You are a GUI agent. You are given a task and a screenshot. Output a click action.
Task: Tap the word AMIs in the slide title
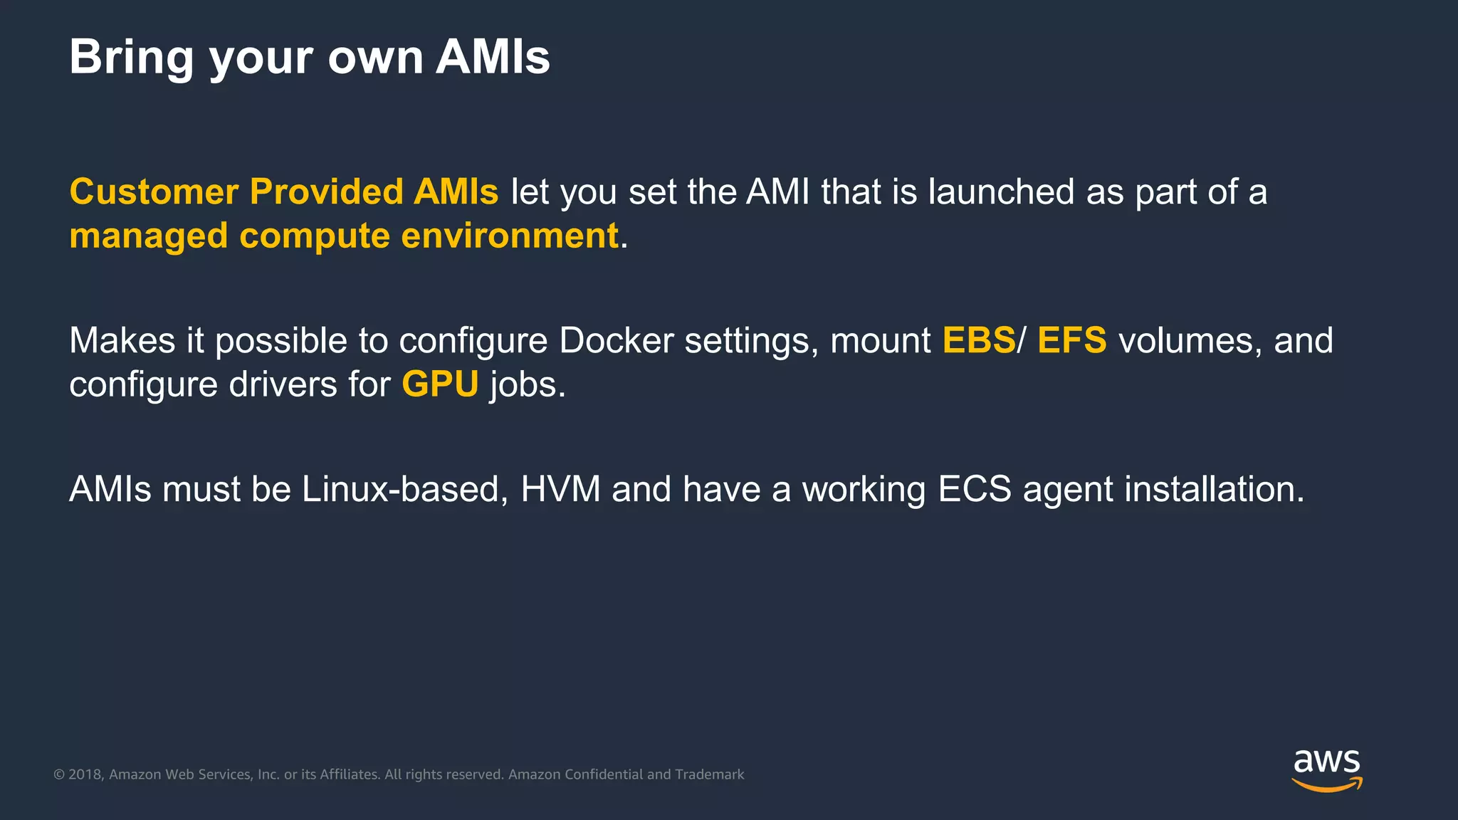tap(493, 57)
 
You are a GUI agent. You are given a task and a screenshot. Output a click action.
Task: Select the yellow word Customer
tap(154, 191)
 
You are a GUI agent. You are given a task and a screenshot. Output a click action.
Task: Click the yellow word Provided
tap(326, 191)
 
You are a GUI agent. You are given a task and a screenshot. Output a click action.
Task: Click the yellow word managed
tap(149, 236)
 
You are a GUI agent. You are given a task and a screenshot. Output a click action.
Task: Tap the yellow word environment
tap(510, 236)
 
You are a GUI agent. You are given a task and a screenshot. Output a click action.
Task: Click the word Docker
tap(617, 340)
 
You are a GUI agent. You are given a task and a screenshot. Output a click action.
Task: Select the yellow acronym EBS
tap(979, 340)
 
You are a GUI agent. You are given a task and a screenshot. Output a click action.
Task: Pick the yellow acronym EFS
tap(1072, 340)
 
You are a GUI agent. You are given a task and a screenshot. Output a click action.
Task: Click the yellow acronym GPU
tap(440, 384)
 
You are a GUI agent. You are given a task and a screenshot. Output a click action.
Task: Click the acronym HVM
tap(560, 489)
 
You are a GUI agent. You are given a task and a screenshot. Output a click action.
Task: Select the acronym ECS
tap(974, 489)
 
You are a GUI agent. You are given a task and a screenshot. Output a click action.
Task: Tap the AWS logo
tap(1326, 769)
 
